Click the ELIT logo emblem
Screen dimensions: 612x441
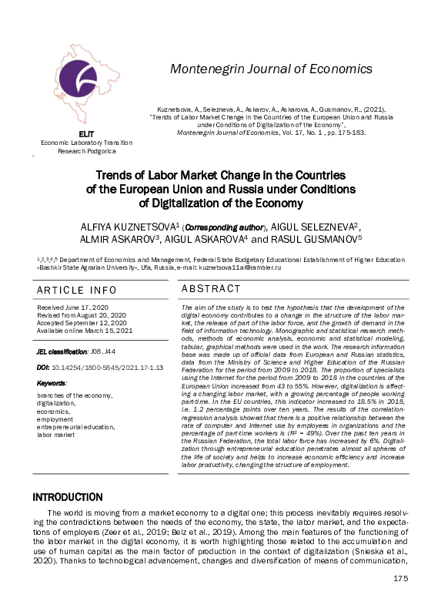click(86, 89)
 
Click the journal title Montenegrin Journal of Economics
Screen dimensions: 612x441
click(271, 69)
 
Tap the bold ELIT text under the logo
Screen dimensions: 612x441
click(87, 136)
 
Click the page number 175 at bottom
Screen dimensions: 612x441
click(400, 600)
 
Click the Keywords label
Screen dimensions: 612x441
click(52, 382)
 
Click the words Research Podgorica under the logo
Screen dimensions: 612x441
click(86, 151)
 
